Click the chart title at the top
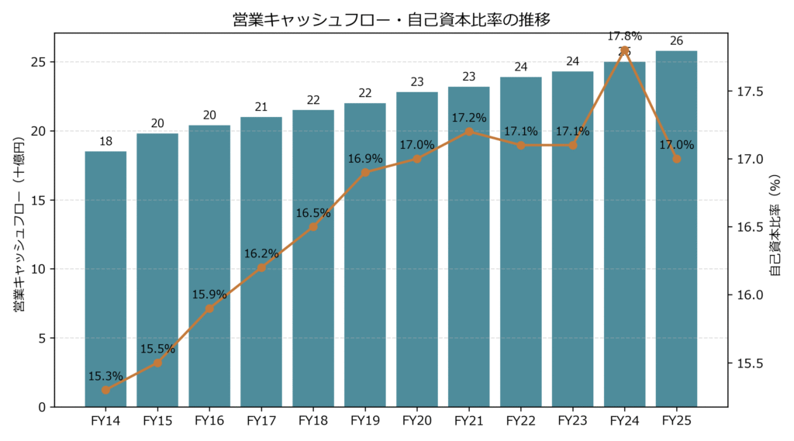pos(392,19)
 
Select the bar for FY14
pos(105,279)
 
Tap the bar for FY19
pos(365,255)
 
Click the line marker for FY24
pos(624,50)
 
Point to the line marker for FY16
pos(209,308)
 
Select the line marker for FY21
pos(469,132)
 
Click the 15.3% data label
pos(105,376)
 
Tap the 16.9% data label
pos(365,159)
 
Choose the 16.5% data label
pos(313,213)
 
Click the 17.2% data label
pos(469,118)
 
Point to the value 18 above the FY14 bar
pos(105,141)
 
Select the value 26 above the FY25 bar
pos(676,41)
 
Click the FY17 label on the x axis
pos(261,421)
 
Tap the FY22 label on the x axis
pos(521,421)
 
